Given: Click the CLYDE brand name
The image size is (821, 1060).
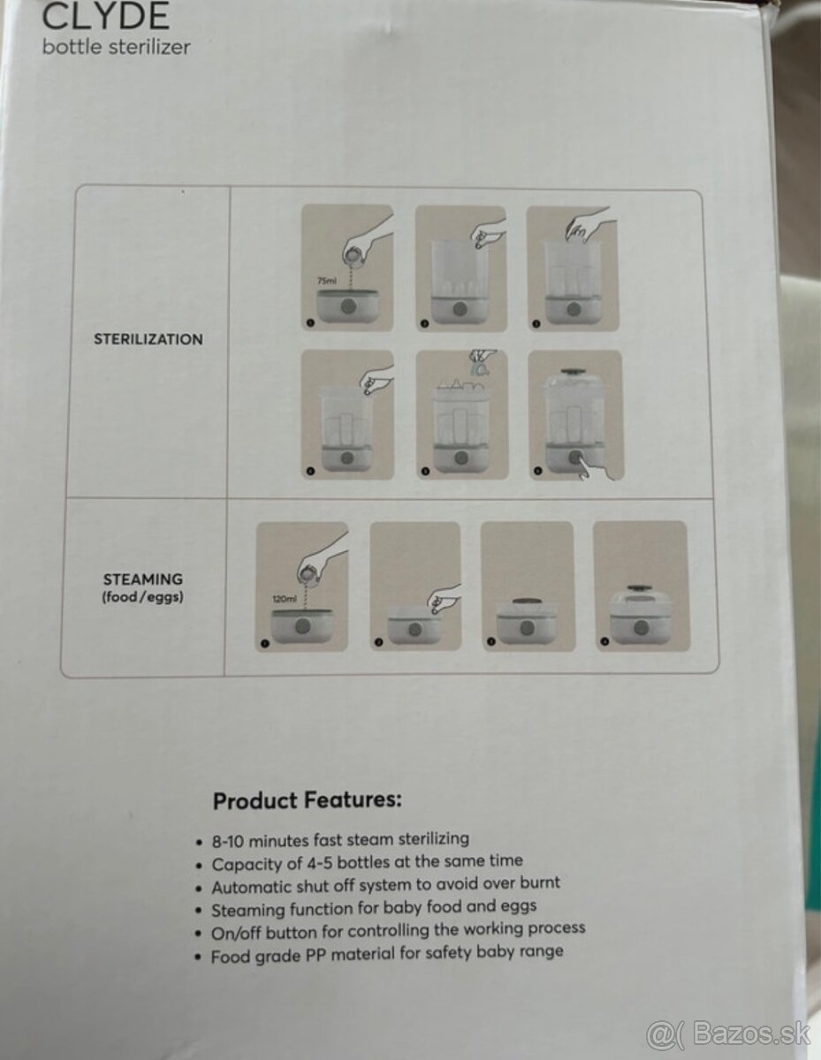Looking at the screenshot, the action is [x=106, y=16].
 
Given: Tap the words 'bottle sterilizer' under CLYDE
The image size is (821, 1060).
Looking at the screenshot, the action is [x=116, y=48].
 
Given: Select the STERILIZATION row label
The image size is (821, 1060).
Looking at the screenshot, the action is [x=148, y=339].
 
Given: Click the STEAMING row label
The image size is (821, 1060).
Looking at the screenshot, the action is [x=143, y=579].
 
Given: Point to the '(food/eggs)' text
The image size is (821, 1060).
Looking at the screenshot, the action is [x=142, y=597].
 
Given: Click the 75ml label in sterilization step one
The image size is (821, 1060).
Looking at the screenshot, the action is [x=327, y=281].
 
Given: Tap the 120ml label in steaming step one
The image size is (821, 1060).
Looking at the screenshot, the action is [x=285, y=599].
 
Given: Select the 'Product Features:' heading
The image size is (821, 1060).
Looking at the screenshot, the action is [x=308, y=801].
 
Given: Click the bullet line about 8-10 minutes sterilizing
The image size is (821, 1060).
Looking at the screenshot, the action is [x=340, y=840].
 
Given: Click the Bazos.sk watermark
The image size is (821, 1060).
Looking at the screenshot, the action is [x=729, y=1033].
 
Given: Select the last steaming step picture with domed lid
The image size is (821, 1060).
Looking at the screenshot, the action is [x=641, y=586].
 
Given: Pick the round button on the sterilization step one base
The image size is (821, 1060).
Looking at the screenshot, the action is [x=348, y=307].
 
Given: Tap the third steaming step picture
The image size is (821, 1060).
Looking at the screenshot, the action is [x=528, y=586].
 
